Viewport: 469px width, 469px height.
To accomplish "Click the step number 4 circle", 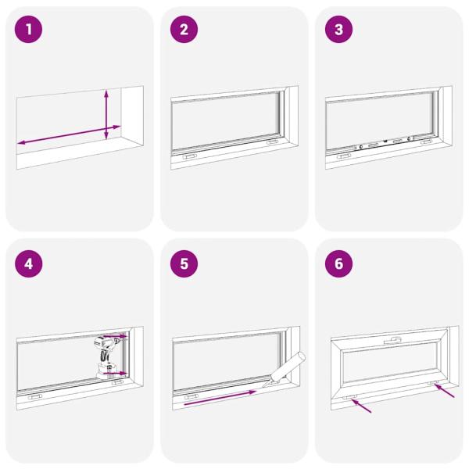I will pyautogui.click(x=29, y=263).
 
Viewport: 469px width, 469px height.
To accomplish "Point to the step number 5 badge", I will pyautogui.click(x=184, y=263).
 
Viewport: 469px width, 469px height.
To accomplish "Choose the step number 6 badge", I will pyautogui.click(x=338, y=263).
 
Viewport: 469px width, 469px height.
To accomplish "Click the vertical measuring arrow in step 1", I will pyautogui.click(x=107, y=114).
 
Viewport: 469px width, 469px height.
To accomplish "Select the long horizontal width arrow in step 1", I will pyautogui.click(x=69, y=134).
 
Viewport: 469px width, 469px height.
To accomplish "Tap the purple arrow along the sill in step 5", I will pyautogui.click(x=219, y=398).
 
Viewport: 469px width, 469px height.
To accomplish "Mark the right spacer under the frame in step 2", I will pyautogui.click(x=272, y=143).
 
